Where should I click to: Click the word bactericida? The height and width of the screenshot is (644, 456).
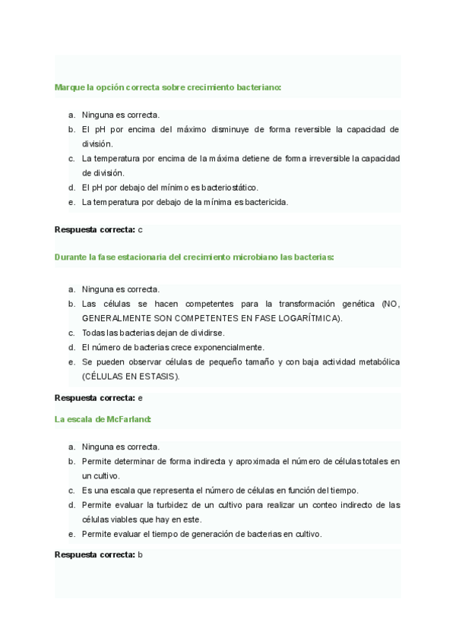[x=265, y=202]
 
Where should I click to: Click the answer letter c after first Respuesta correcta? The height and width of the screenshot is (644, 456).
[x=141, y=229]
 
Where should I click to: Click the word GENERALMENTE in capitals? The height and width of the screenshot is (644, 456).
[x=114, y=318]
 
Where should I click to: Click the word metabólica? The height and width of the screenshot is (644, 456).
[x=378, y=361]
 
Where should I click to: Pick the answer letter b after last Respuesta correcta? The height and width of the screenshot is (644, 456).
[x=141, y=554]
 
